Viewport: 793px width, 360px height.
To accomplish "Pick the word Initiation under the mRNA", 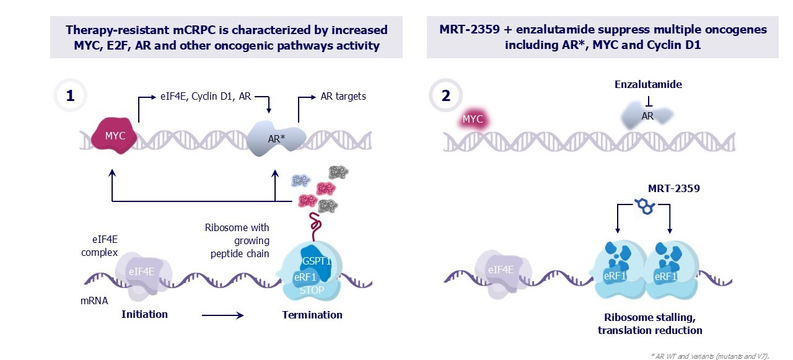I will coord(144,314).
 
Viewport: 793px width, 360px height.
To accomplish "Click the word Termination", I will coord(312,315).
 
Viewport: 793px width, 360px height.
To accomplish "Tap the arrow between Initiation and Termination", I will coord(222,316).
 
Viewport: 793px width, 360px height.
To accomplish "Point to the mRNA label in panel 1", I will coord(95,301).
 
